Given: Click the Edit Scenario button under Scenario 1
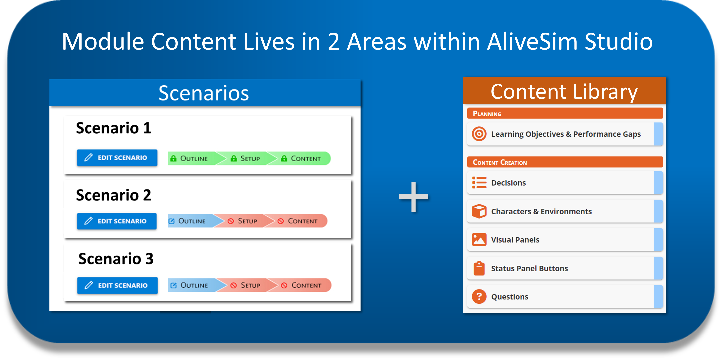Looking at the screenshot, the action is (x=117, y=158).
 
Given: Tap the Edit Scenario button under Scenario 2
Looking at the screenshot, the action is (x=117, y=221).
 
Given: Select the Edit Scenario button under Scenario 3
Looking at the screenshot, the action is (x=117, y=285).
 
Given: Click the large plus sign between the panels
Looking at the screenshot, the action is (x=413, y=197).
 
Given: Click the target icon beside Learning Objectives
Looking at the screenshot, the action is (x=479, y=134).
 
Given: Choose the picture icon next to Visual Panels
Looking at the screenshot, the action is (x=479, y=240).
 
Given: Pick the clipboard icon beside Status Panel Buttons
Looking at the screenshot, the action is (x=479, y=268).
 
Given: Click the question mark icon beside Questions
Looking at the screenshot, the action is (x=479, y=296).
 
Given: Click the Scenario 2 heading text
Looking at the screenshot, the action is (x=114, y=195).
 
